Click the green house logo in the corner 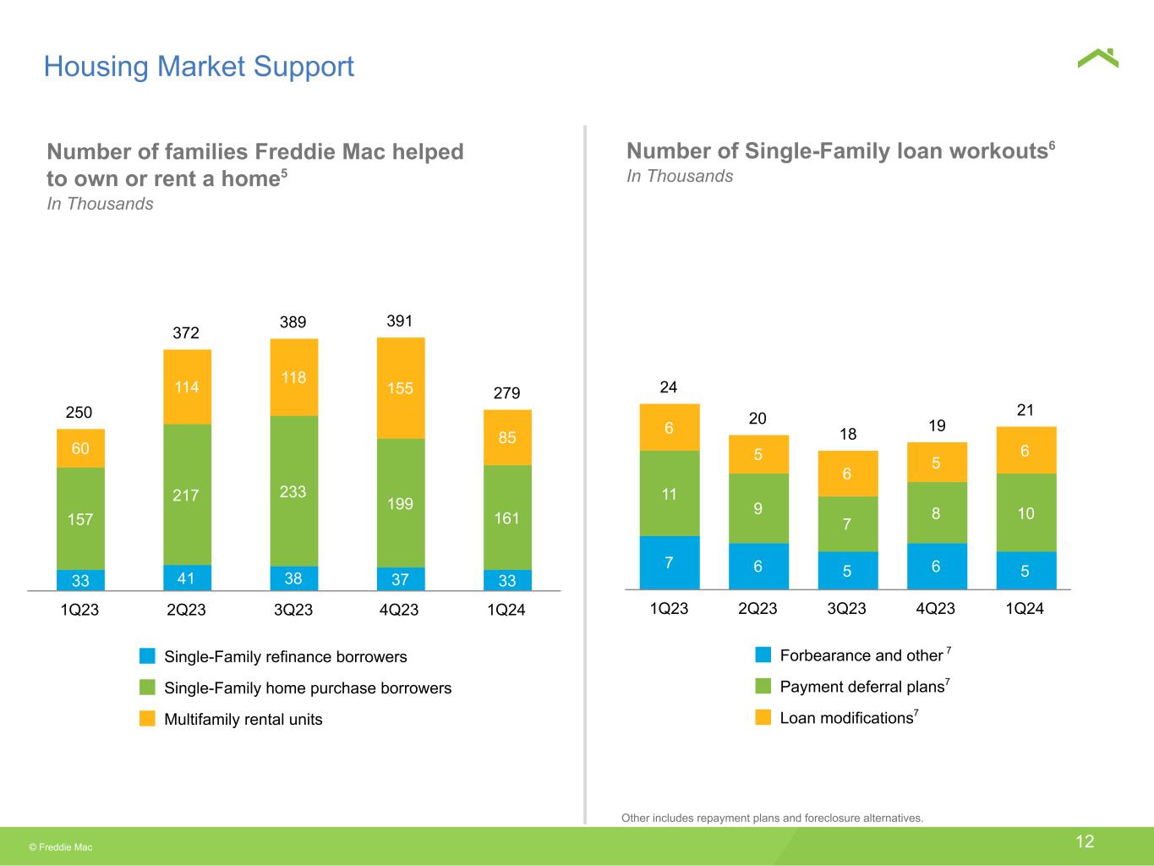(x=1097, y=58)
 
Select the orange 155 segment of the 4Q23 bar (x=401, y=388)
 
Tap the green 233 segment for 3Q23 (x=294, y=491)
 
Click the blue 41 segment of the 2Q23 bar (x=187, y=578)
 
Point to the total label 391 (x=400, y=321)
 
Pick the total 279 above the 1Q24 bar (x=506, y=392)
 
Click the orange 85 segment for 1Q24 (x=507, y=437)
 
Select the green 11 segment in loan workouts (x=670, y=493)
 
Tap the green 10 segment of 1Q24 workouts (x=1026, y=512)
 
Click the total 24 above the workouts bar (x=668, y=387)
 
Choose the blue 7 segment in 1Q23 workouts (x=670, y=562)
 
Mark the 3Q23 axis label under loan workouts (x=846, y=608)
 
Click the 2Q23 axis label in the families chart (x=186, y=610)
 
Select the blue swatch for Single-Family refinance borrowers (x=147, y=655)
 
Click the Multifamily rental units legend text (x=243, y=720)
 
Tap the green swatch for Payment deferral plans (x=763, y=686)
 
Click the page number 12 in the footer (x=1085, y=841)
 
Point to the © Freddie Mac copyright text (x=61, y=847)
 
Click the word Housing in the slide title (x=96, y=68)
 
